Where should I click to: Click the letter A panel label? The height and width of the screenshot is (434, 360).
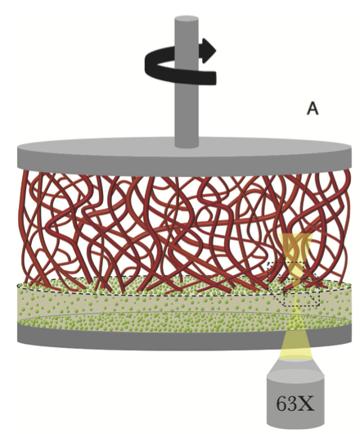313,108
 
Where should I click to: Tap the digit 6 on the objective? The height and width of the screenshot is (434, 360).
282,404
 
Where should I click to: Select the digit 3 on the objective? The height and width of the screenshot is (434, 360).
293,404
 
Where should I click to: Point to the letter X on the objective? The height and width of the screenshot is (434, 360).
306,404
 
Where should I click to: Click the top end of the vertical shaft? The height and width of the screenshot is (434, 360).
187,19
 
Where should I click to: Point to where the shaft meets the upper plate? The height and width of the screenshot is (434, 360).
187,144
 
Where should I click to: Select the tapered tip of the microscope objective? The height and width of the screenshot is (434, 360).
295,366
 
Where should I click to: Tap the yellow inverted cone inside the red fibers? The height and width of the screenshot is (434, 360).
296,248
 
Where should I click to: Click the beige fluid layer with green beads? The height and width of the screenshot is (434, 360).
184,305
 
